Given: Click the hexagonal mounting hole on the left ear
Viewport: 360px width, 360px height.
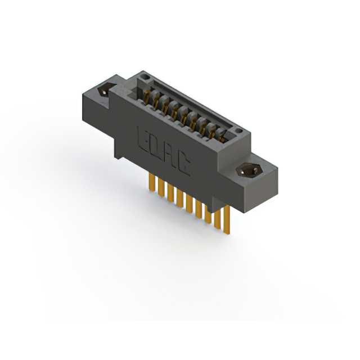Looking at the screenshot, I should [104, 91].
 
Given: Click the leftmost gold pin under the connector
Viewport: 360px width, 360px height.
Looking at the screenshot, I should [151, 182].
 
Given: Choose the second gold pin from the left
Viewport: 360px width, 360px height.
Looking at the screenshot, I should [160, 187].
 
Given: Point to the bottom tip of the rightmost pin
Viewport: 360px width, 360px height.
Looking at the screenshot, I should [227, 235].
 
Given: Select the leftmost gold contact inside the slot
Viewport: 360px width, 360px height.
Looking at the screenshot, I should [147, 96].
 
